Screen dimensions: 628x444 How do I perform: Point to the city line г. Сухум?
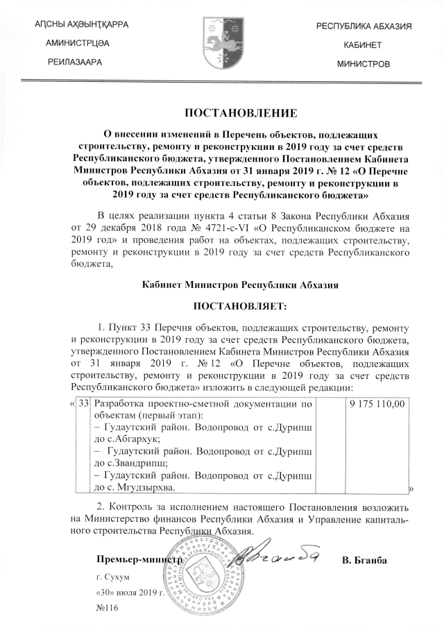coord(114,577)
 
